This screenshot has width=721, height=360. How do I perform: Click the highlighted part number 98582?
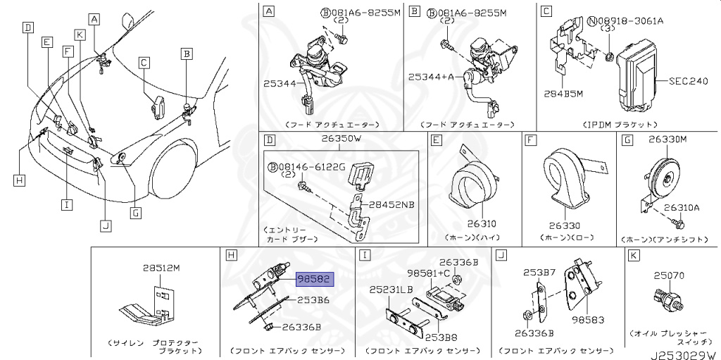(x=314, y=280)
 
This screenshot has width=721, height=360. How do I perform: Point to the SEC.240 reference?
(x=686, y=82)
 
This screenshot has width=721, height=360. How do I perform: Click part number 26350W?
(x=341, y=139)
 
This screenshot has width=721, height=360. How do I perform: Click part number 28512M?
(x=162, y=268)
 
